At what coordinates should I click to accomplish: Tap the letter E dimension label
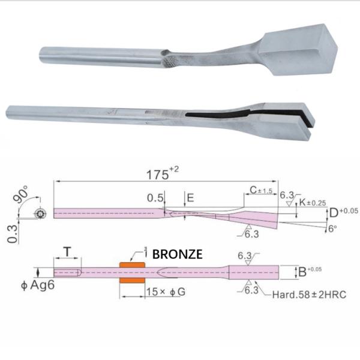click(x=190, y=197)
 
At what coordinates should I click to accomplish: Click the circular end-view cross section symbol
click(x=40, y=213)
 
